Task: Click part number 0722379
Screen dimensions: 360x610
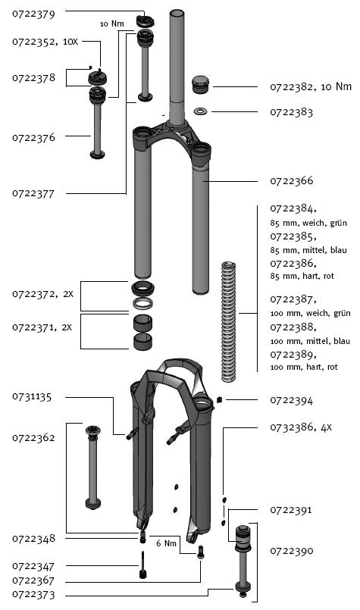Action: click(x=33, y=14)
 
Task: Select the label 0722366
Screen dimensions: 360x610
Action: click(x=292, y=181)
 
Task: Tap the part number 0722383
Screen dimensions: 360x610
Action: click(x=292, y=112)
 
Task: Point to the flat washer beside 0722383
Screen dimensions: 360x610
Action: click(x=200, y=111)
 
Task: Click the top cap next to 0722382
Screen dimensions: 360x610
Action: click(x=201, y=85)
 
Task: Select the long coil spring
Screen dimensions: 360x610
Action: click(x=228, y=322)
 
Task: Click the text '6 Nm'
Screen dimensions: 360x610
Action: click(x=166, y=543)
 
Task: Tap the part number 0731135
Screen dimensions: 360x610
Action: click(x=32, y=397)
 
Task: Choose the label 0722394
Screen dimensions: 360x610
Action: click(x=292, y=400)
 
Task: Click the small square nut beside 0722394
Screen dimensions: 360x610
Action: click(x=219, y=399)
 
